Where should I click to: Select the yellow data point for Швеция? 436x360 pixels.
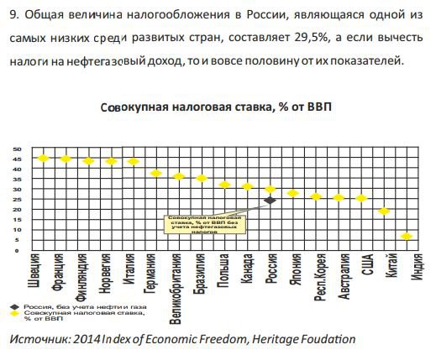[x=42, y=158]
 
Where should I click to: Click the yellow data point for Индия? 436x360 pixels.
[x=407, y=237]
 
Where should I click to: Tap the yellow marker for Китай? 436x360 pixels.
[x=384, y=211]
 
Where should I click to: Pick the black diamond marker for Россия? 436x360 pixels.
[x=270, y=201]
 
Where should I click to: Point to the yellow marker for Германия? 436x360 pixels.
[x=155, y=173]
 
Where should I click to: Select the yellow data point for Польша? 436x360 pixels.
[x=224, y=185]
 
